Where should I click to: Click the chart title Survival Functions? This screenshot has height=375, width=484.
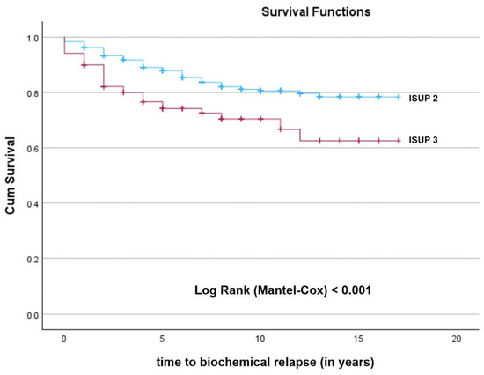[x=316, y=12]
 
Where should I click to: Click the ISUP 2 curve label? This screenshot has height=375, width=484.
[x=423, y=99]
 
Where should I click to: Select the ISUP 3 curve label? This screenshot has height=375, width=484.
[x=423, y=140]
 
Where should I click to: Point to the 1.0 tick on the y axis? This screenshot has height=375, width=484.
[x=33, y=39]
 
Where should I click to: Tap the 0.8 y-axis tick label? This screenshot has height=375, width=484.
[x=33, y=93]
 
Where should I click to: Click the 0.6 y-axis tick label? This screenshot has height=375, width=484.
[x=33, y=149]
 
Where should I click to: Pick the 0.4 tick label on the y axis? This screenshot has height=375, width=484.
[x=33, y=204]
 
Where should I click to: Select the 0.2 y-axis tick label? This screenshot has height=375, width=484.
[x=33, y=259]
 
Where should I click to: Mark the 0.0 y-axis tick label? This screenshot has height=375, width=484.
[x=33, y=315]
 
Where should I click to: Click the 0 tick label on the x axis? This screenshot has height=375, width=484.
[x=64, y=339]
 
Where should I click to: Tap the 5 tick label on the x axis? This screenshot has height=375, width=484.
[x=162, y=339]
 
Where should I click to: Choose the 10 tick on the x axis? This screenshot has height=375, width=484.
[x=260, y=339]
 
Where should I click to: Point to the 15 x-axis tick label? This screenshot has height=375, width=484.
[x=358, y=339]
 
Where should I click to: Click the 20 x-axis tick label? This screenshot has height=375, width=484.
[x=456, y=339]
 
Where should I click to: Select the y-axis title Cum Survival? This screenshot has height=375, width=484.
[x=10, y=175]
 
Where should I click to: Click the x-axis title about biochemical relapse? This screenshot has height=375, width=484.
[x=265, y=362]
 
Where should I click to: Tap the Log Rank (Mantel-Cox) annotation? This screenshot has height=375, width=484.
[x=282, y=290]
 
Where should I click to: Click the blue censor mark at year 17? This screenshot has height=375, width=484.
[x=398, y=97]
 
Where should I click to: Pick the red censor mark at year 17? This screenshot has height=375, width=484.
[x=398, y=141]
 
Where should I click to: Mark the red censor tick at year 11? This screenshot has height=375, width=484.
[x=280, y=129]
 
